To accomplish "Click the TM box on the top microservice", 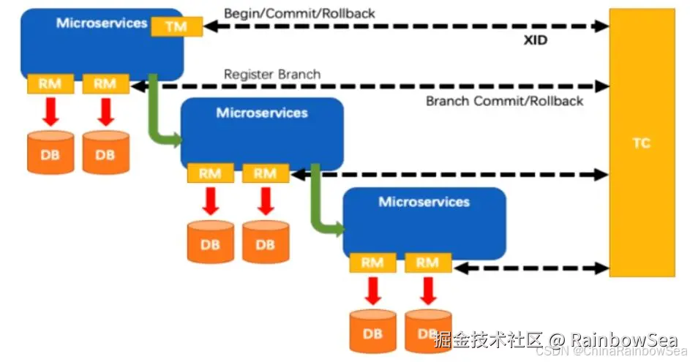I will pyautogui.click(x=176, y=27).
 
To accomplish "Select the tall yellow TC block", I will pyautogui.click(x=641, y=143).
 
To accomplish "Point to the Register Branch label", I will pyautogui.click(x=271, y=75).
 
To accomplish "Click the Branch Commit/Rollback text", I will pyautogui.click(x=504, y=101).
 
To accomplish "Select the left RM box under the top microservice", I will pyautogui.click(x=50, y=84).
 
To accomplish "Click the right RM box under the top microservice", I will pyautogui.click(x=105, y=84).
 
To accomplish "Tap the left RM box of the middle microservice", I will pyautogui.click(x=210, y=173).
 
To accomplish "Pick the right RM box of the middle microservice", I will pyautogui.click(x=265, y=173).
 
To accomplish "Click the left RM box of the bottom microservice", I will pyautogui.click(x=372, y=263).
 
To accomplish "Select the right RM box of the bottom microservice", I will pyautogui.click(x=427, y=263).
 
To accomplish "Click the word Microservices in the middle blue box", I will pyautogui.click(x=262, y=113).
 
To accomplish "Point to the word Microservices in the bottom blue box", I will pyautogui.click(x=424, y=201).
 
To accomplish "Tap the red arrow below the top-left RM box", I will pyautogui.click(x=50, y=111).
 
